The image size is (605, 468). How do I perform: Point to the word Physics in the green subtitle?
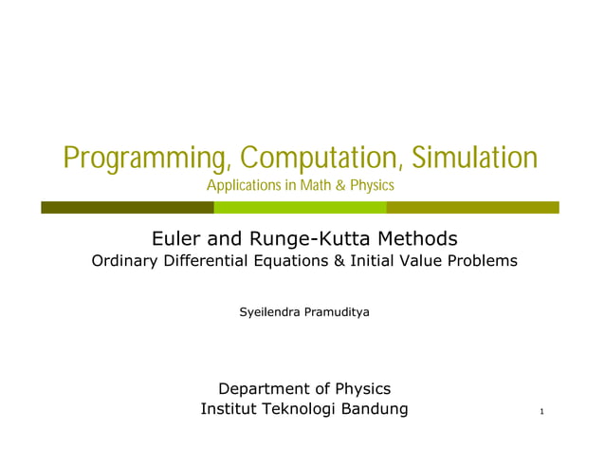(372, 184)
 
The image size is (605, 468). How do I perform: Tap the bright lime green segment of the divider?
(300, 207)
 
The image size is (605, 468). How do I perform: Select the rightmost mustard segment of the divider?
(472, 207)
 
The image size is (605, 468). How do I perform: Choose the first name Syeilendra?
(268, 311)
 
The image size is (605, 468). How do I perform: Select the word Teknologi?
(310, 409)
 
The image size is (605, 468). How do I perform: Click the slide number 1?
(540, 412)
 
